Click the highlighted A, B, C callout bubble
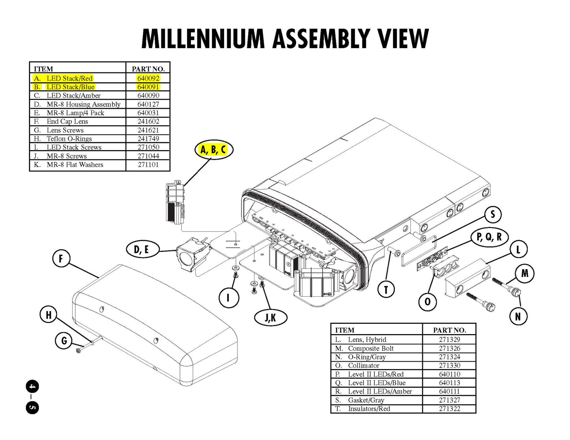[x=213, y=150]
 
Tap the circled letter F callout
[x=61, y=259]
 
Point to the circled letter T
[x=386, y=290]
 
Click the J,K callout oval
[x=271, y=317]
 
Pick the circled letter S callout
[x=493, y=215]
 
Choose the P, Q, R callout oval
[x=490, y=237]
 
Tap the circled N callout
[x=518, y=316]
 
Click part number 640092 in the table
[x=148, y=78]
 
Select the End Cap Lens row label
[x=67, y=121]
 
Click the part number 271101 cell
[x=148, y=165]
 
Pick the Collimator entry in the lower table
[x=363, y=366]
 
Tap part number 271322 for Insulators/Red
[x=449, y=409]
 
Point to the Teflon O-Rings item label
[x=69, y=139]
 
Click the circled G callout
[x=64, y=341]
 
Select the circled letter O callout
[x=428, y=302]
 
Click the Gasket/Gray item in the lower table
[x=366, y=400]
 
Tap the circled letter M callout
[x=525, y=273]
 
